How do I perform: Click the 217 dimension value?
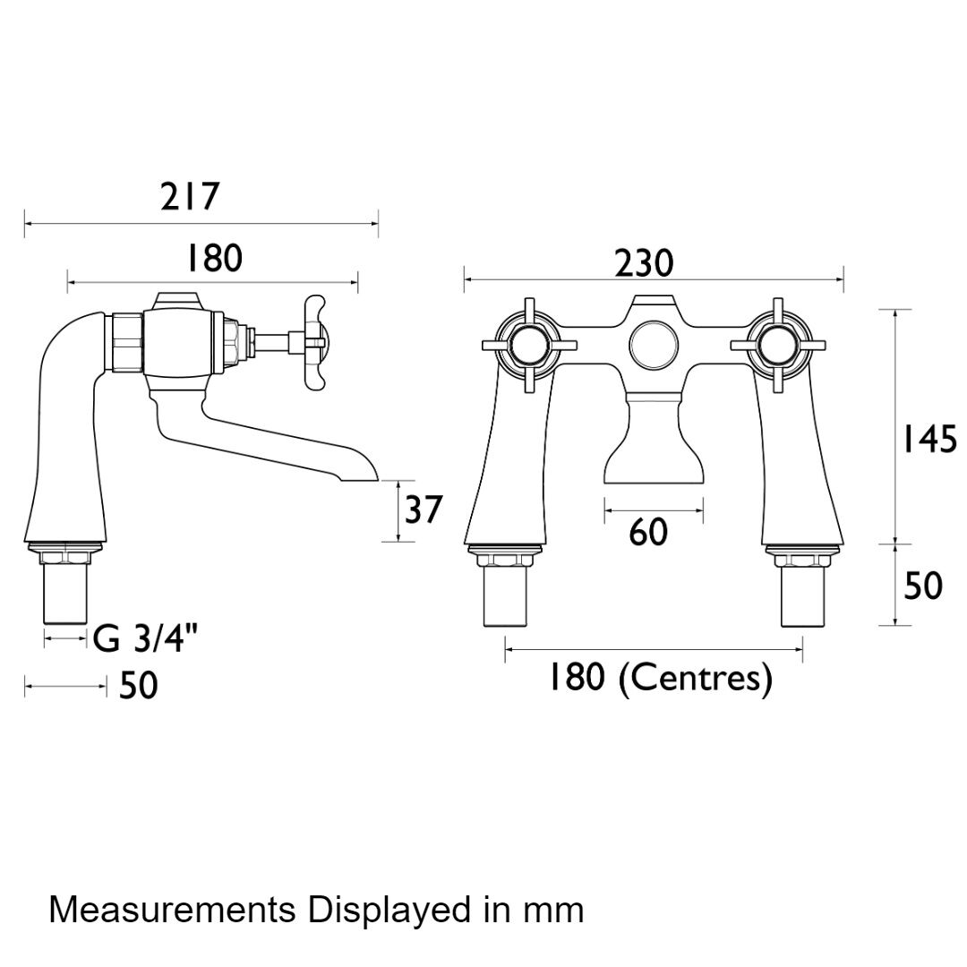point(190,197)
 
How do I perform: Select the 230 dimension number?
point(643,263)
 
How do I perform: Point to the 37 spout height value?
point(423,510)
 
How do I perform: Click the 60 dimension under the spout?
point(648,534)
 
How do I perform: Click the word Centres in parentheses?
point(696,678)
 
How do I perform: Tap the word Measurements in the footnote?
point(172,910)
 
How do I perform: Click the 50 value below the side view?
point(138,687)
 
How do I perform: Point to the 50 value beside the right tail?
point(923,586)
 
